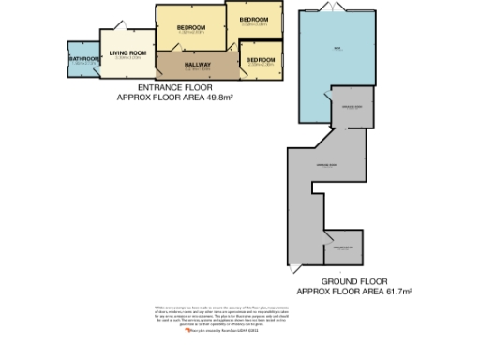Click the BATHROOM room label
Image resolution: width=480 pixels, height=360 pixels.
83,58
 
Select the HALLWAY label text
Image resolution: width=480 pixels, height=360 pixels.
197,64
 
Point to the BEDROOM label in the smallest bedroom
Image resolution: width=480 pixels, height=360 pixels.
260,60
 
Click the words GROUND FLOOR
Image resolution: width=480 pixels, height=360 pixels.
354,280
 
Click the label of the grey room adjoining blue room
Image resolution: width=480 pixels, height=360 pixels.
352,109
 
